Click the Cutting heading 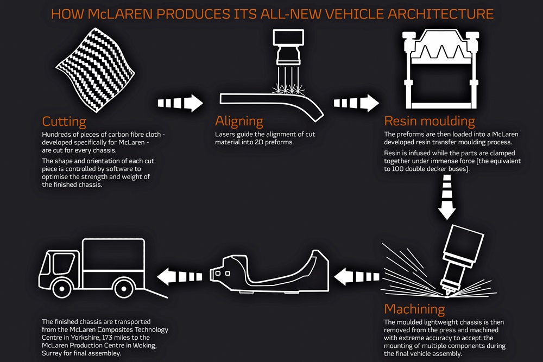click(64, 121)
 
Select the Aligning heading click(239, 121)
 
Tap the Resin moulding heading click(430, 121)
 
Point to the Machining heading click(414, 309)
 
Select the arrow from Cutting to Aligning click(180, 102)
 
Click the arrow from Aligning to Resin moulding click(356, 103)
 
